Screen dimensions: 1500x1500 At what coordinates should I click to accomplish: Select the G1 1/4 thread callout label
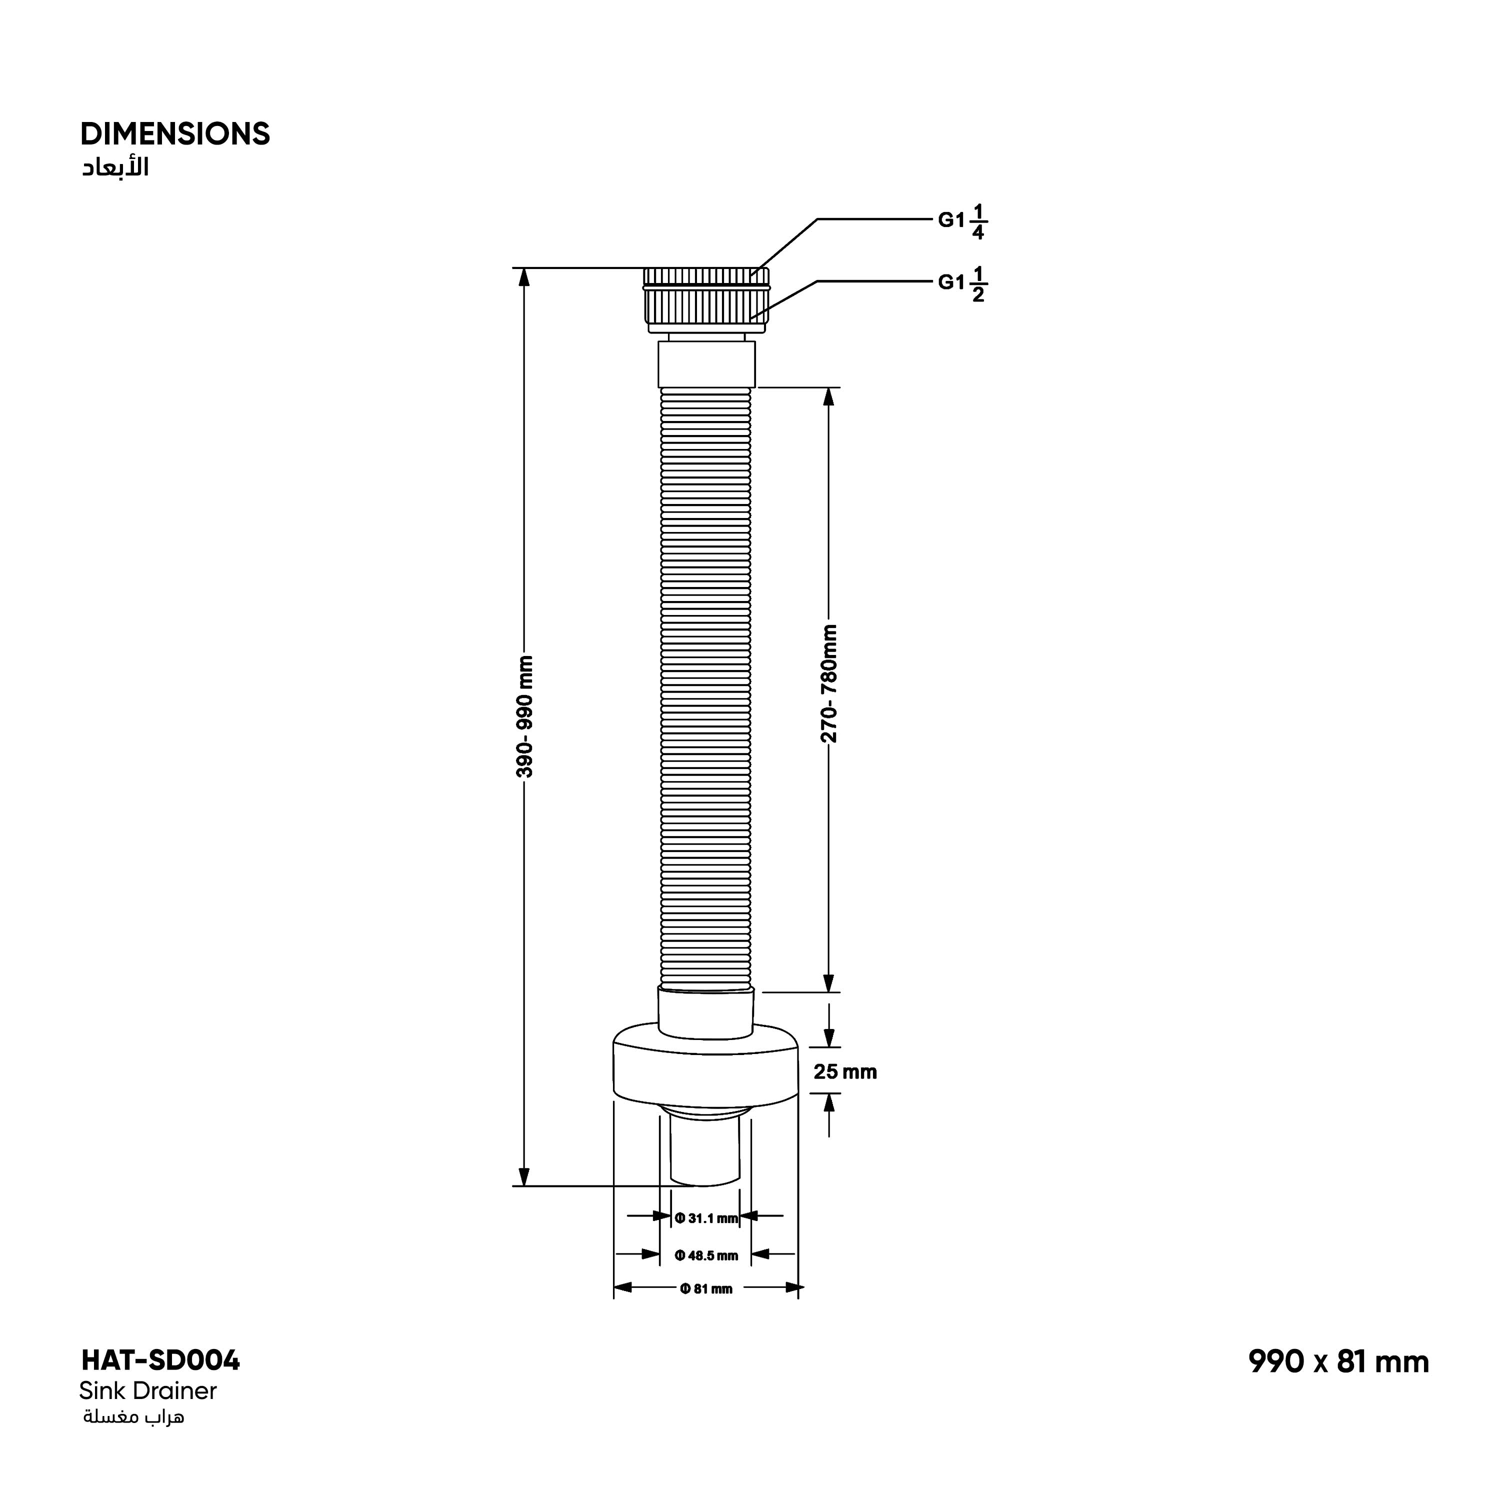coord(962,221)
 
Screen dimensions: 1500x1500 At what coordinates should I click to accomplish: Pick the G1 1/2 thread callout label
coord(962,284)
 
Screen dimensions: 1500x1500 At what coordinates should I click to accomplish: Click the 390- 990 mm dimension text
coord(525,716)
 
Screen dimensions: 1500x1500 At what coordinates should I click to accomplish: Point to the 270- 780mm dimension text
coord(829,683)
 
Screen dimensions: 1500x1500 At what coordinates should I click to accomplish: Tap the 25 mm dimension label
coord(844,1072)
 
